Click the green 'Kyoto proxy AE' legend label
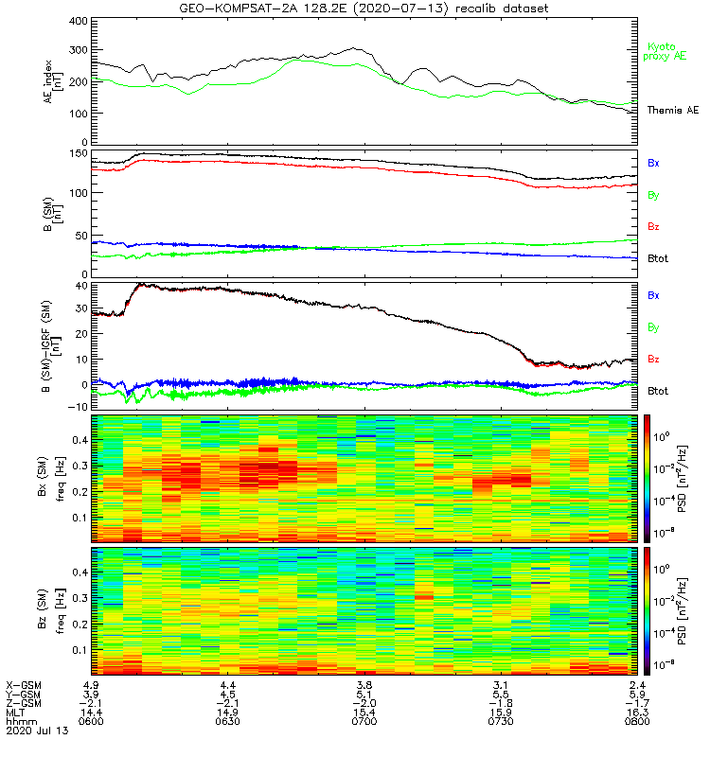(667, 52)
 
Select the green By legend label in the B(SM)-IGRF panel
(653, 327)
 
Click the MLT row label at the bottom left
(16, 711)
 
